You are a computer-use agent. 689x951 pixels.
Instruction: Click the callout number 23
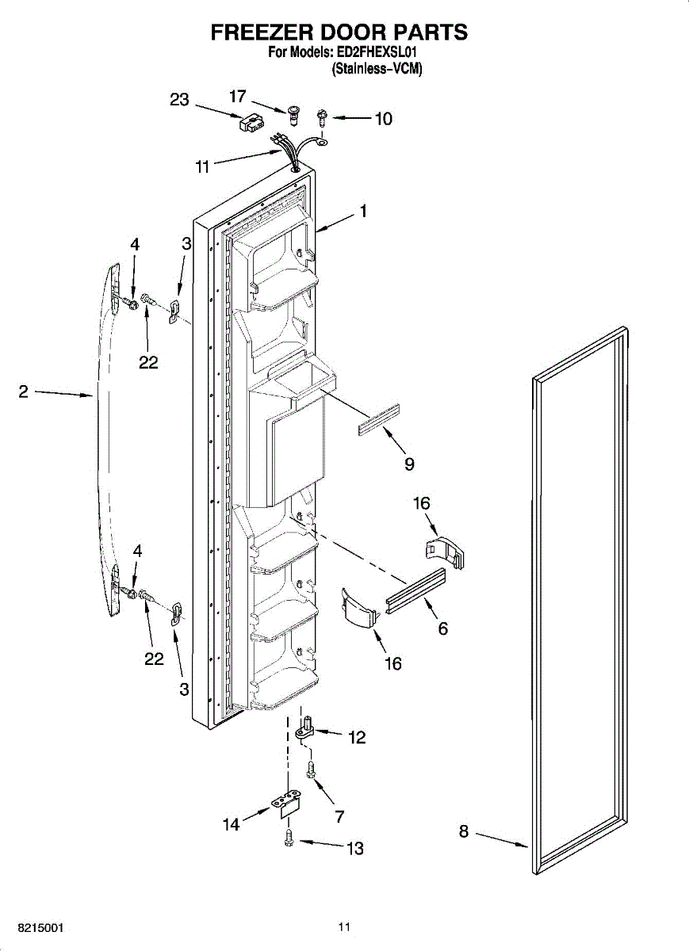(180, 100)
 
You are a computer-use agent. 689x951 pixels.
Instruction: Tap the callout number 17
(238, 96)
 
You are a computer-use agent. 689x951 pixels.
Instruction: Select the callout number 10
(383, 119)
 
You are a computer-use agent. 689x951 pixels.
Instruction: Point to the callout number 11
(202, 167)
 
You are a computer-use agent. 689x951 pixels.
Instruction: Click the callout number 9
(409, 464)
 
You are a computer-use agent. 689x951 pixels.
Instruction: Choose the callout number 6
(442, 628)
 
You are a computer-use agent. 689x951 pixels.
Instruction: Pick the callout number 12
(357, 738)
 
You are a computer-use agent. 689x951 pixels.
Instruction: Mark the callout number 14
(231, 825)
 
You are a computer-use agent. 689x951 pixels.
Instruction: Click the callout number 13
(354, 849)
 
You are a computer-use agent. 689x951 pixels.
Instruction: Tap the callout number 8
(464, 831)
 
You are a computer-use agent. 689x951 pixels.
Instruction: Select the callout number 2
(24, 391)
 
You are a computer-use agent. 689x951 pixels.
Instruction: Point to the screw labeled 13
(290, 837)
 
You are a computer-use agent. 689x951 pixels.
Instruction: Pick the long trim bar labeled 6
(415, 587)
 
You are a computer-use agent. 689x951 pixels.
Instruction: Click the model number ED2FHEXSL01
(382, 53)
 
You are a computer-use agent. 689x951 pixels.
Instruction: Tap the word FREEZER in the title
(261, 32)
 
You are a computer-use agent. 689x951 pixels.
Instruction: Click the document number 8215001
(34, 927)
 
